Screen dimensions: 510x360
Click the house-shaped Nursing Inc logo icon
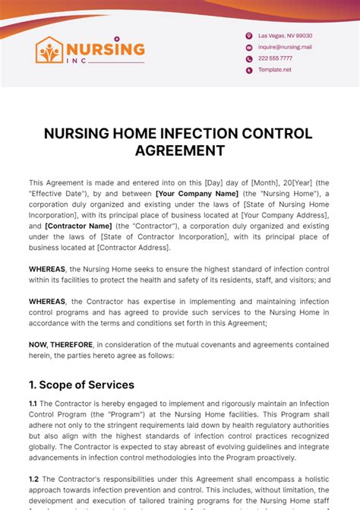49,50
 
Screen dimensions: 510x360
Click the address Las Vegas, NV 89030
285,36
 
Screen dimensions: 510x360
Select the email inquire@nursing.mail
285,47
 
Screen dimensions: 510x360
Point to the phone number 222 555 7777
275,59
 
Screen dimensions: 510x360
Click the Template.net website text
275,70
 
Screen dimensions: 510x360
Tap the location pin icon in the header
248,36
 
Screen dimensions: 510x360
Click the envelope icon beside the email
248,47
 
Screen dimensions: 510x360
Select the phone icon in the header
248,59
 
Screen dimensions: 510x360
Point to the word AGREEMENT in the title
180,150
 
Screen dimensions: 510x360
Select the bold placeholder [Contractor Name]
77,226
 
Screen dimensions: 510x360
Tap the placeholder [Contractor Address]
134,247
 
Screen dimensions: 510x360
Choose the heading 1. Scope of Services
81,385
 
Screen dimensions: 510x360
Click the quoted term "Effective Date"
62,194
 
